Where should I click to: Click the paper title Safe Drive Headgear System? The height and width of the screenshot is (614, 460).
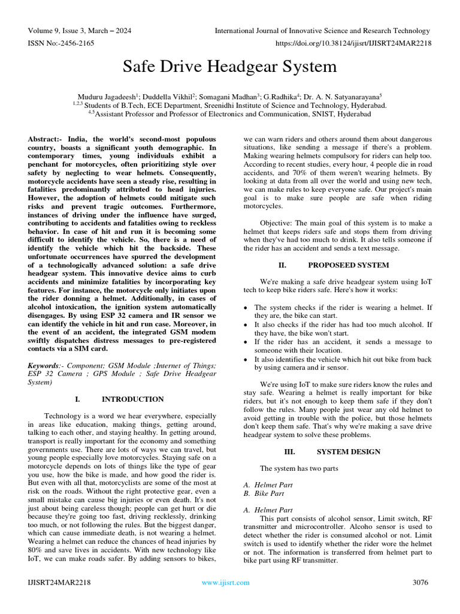click(229, 66)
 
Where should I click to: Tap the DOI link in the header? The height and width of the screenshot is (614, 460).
click(353, 43)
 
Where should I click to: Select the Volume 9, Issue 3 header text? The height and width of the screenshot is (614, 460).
click(80, 31)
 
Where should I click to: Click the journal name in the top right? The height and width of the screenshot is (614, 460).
click(322, 31)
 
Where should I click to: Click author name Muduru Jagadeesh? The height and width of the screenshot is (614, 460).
click(108, 96)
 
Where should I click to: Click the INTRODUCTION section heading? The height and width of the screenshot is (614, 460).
click(132, 399)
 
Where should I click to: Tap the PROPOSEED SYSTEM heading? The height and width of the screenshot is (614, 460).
click(348, 265)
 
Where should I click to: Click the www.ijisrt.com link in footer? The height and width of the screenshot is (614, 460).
click(226, 582)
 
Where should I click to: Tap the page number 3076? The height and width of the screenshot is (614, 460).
click(422, 582)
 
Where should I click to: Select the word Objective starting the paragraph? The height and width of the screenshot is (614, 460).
click(276, 223)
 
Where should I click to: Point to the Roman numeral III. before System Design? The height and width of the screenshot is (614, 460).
click(289, 452)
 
